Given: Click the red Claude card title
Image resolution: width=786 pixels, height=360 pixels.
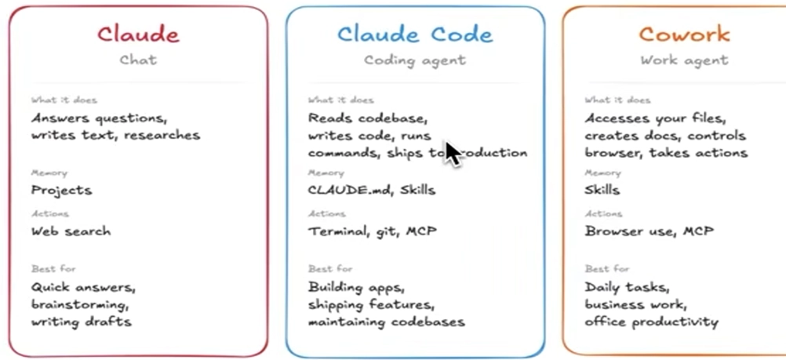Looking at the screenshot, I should click(138, 35).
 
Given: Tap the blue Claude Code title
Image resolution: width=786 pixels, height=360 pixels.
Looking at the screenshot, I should click(415, 35).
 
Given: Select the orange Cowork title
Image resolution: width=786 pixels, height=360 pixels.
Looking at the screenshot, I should click(684, 35).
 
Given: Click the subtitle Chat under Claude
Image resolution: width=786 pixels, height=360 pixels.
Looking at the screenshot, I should click(138, 60).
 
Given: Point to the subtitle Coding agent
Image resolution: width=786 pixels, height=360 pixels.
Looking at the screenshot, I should click(415, 60).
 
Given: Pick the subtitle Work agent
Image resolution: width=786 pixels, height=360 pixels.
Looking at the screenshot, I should click(684, 60).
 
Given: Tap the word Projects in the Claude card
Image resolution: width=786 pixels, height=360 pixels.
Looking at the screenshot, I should click(61, 190).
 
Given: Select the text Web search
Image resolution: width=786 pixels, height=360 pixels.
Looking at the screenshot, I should click(71, 231).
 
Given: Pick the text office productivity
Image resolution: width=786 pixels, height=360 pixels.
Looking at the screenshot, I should click(651, 322).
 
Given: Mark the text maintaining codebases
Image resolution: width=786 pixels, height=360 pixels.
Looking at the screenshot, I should click(386, 322).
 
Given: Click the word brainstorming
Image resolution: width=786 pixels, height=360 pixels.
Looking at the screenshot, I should click(80, 304).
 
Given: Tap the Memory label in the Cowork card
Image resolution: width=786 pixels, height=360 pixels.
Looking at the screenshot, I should click(602, 173).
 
